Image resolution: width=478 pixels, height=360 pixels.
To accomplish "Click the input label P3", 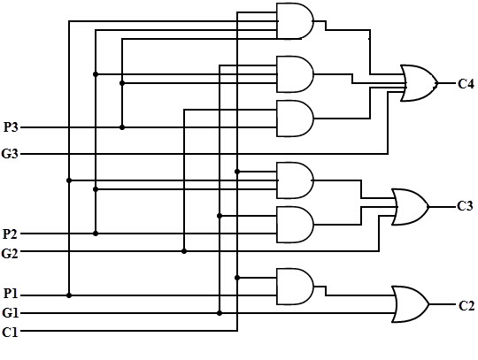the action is coord(11,127).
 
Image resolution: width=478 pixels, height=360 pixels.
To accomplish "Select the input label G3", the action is coord(10,154).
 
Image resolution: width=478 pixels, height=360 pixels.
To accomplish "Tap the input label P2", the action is coord(10,234).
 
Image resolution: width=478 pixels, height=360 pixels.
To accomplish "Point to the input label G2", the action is coord(10,253).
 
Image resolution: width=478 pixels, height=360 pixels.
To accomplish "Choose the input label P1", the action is coord(11,294).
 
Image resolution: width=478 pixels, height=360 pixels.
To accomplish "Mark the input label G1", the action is coord(11,313).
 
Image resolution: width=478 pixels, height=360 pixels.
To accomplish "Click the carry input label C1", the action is coord(10,332).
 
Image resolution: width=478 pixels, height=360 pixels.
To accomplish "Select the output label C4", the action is coord(466,84).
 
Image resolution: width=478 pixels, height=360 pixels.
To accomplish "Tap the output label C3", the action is coord(466,206).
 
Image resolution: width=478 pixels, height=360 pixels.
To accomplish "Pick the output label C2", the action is coord(466,305).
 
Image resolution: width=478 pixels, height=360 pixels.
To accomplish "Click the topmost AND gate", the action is coord(295,21).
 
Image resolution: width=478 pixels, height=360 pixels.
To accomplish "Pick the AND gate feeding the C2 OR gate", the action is coord(295,287).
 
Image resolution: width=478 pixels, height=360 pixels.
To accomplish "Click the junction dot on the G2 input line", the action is coord(184,251).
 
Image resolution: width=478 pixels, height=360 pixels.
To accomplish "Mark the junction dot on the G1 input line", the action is coord(220,313).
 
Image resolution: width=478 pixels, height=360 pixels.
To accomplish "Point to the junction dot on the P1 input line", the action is coord(69,295).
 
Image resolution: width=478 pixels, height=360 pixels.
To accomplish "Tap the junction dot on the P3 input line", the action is coord(122,127).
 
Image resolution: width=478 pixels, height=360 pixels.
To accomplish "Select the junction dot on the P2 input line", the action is coord(96,234).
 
